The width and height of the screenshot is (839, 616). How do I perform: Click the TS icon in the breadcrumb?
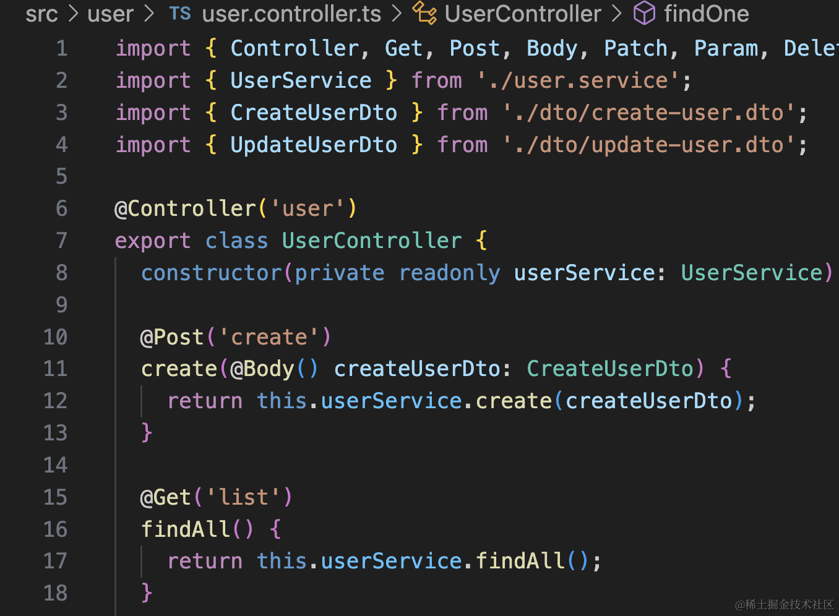coord(180,14)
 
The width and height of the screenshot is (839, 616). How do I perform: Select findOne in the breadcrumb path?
coord(706,14)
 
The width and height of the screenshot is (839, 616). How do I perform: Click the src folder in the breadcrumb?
coord(41,14)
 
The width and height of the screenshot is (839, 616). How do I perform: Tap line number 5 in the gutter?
coord(61,176)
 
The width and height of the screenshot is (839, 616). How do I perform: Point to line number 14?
coord(55,465)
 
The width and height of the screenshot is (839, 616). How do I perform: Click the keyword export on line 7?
coord(153,241)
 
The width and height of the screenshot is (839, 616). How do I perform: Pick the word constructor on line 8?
coord(212,273)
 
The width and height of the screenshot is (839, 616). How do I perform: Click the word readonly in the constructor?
coord(449,273)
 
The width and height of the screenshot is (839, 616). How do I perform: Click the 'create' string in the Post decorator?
coord(269,337)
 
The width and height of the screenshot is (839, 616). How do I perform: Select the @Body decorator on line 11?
coord(262,369)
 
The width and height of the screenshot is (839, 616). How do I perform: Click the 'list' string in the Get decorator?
coord(243,497)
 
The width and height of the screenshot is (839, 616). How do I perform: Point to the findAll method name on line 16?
coord(186,529)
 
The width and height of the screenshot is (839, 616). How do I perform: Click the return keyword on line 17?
coord(205,561)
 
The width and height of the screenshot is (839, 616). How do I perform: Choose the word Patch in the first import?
coord(635,48)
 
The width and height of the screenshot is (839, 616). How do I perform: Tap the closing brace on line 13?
coord(147,432)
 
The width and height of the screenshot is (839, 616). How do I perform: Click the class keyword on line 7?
coord(236,241)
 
